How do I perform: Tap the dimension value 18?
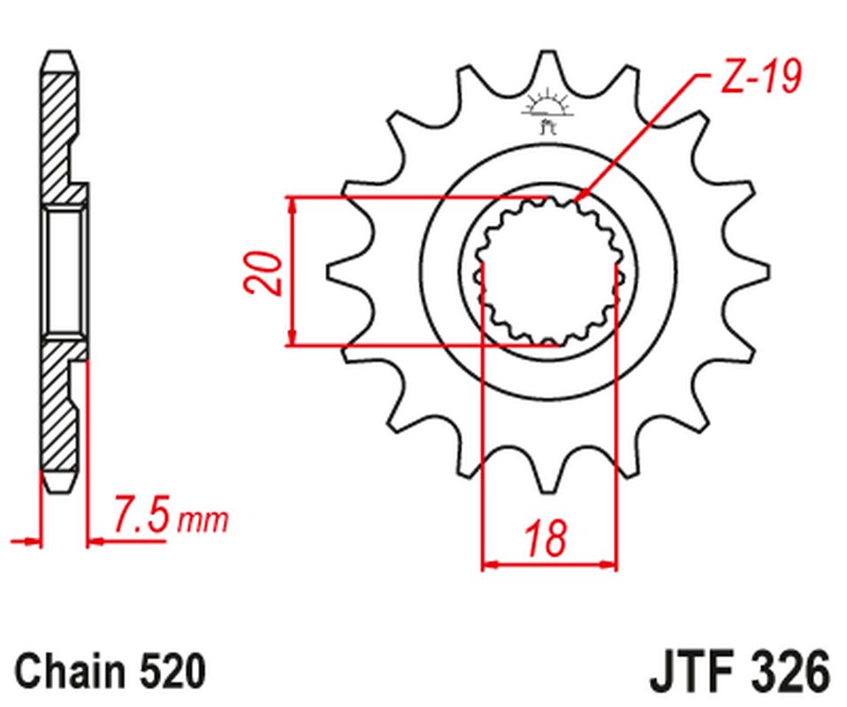[547, 538]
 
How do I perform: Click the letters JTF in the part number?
[693, 673]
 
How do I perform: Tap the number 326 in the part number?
[786, 673]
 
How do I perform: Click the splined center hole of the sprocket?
[548, 271]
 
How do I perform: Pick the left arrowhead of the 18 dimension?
[488, 562]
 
